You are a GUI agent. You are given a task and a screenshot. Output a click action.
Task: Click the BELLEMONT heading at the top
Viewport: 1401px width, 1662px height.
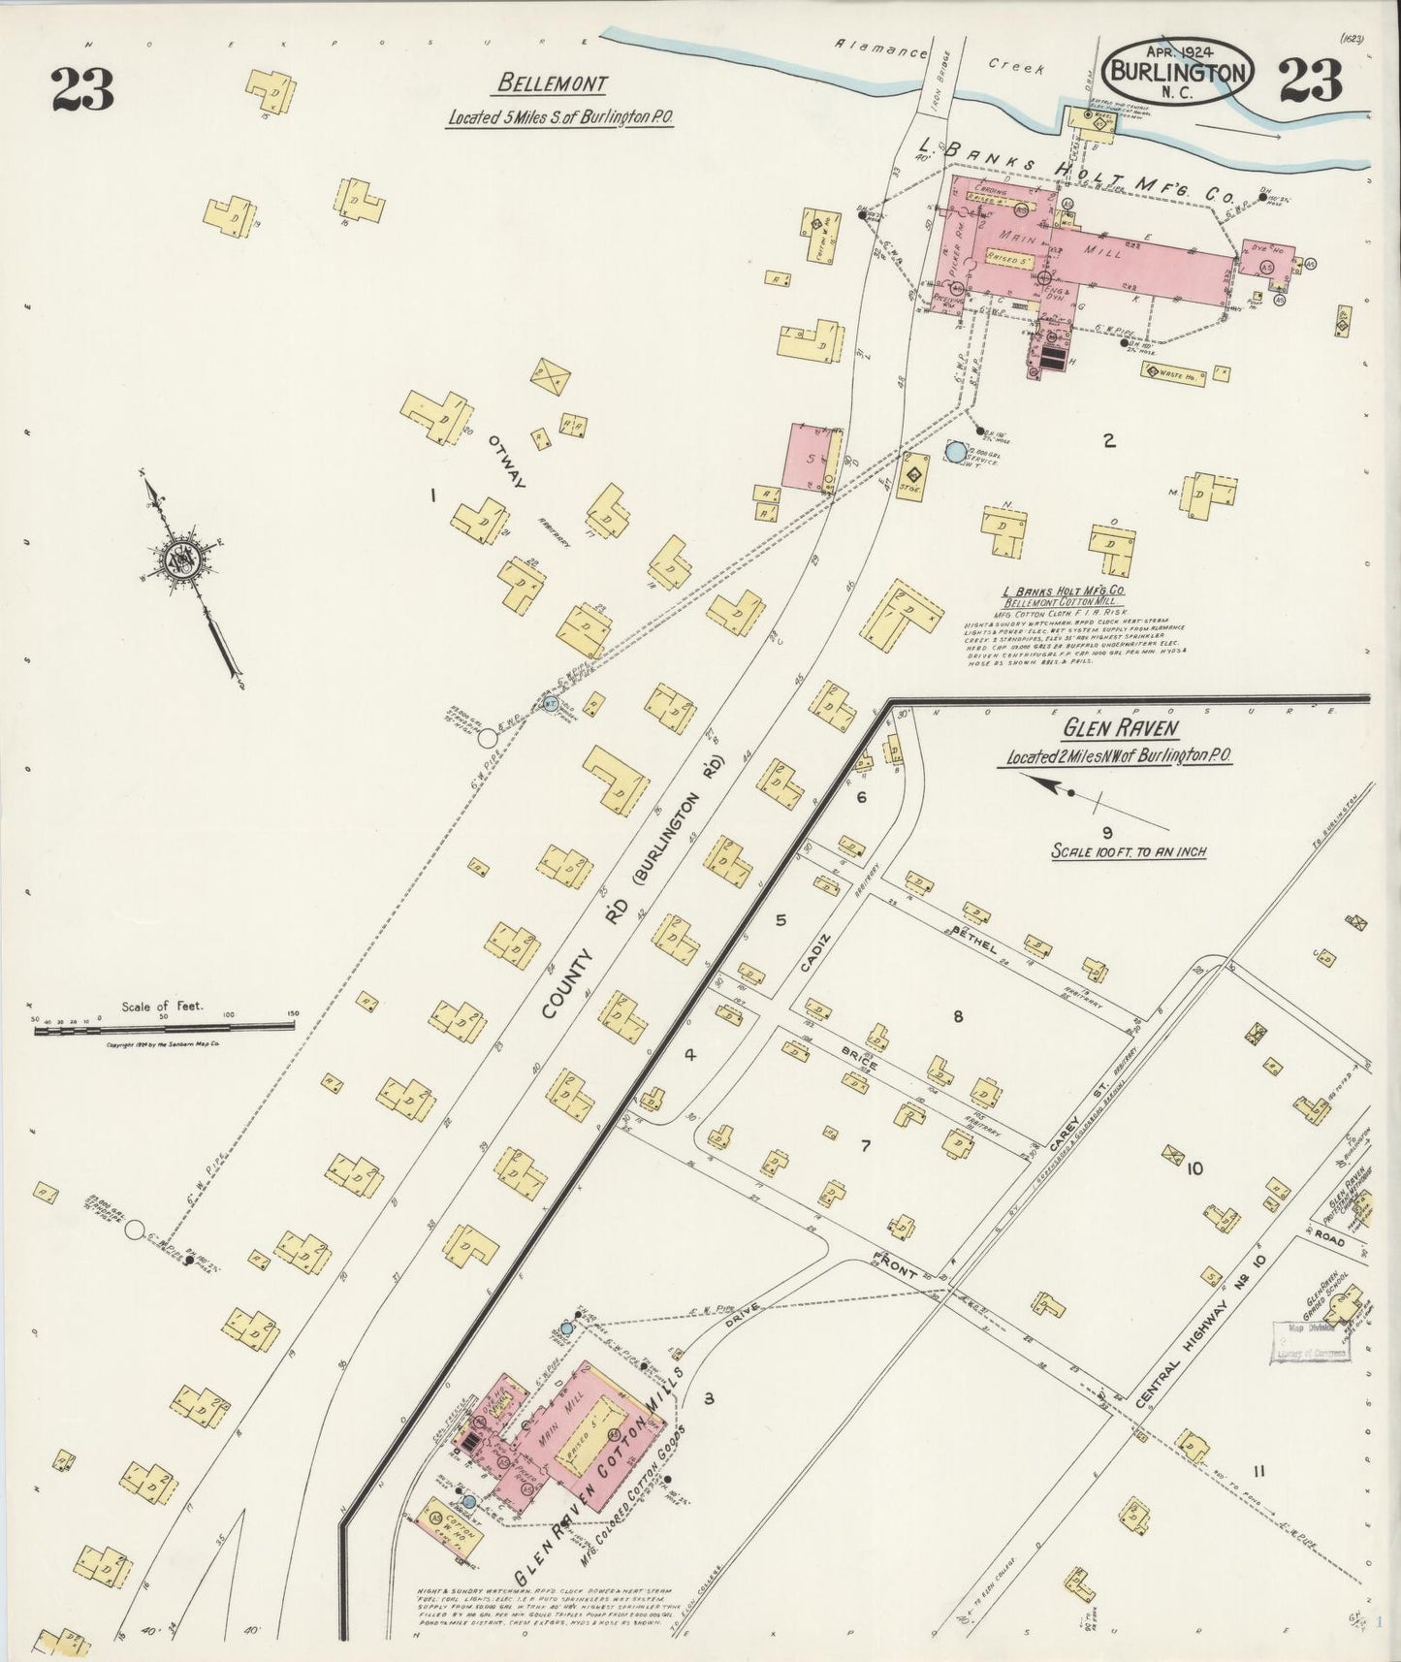[551, 83]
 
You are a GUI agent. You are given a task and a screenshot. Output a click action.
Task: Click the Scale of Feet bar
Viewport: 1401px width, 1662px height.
[165, 1029]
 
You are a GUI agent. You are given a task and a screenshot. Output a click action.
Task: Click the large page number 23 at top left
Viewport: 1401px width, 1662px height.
[83, 89]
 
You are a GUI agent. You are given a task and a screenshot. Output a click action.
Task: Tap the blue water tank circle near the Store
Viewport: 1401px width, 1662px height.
[956, 451]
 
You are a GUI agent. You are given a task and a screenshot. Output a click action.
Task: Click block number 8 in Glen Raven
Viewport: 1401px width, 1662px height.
[958, 1016]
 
